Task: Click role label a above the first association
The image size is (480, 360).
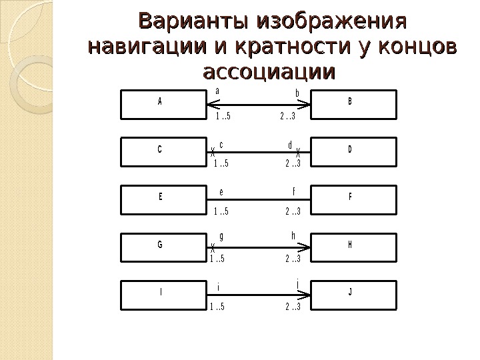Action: (217, 91)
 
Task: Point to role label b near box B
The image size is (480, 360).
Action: (297, 93)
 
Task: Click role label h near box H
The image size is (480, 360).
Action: (293, 235)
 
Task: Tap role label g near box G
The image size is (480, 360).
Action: (221, 237)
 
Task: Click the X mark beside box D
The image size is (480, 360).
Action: (298, 151)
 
